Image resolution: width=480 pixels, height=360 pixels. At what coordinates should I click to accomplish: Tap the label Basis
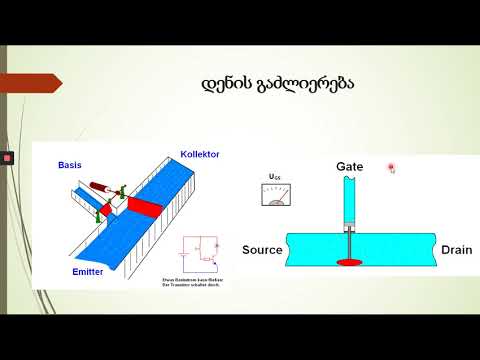72,164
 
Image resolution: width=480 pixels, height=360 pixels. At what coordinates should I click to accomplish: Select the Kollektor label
200,155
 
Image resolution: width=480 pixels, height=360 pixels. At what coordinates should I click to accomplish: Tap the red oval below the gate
351,262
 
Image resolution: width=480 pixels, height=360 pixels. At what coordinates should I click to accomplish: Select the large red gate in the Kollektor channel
144,206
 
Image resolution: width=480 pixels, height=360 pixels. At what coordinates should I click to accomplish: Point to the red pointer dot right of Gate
392,168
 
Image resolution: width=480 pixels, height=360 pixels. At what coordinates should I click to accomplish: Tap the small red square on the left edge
6,157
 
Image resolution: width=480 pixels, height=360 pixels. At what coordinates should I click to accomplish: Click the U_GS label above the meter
275,177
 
